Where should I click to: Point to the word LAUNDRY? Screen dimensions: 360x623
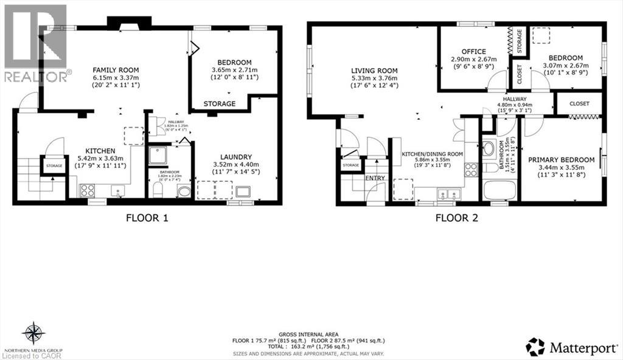[228, 154]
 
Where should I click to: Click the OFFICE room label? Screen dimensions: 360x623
[473, 52]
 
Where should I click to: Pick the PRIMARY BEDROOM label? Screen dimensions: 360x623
[561, 160]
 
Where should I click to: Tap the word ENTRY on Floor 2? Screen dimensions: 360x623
[375, 178]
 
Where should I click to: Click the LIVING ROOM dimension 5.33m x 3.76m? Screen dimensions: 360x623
[374, 78]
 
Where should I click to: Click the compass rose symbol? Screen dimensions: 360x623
[34, 333]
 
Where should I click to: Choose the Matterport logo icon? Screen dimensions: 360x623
[535, 347]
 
